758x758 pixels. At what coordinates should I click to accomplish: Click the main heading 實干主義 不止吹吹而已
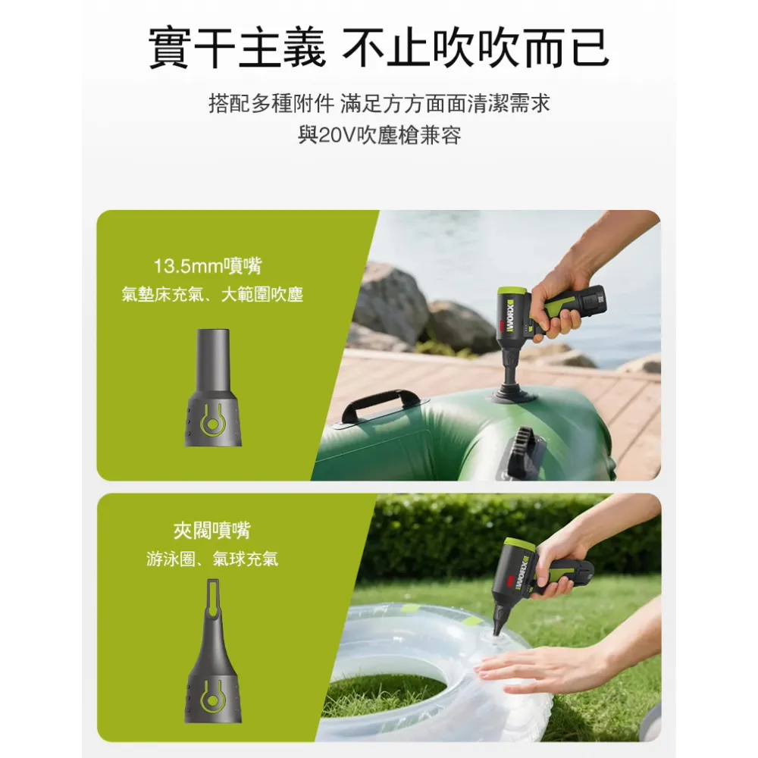click(378, 48)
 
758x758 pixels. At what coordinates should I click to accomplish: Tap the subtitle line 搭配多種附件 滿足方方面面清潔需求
click(379, 103)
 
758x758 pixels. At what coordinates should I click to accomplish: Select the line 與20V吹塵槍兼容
click(379, 136)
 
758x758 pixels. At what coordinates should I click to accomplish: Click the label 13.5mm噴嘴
click(208, 266)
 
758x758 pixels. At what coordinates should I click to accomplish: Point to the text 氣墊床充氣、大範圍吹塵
click(212, 294)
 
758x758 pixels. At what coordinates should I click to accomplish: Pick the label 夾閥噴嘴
click(211, 531)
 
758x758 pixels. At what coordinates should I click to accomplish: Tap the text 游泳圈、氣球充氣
click(211, 559)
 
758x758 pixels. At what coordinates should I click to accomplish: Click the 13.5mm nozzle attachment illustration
click(213, 387)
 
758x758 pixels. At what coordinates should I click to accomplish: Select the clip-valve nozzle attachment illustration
click(213, 650)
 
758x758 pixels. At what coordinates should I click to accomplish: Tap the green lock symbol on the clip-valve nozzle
click(213, 697)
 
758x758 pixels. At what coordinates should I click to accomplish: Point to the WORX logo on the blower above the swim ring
click(522, 574)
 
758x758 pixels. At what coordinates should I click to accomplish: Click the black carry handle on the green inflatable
click(381, 405)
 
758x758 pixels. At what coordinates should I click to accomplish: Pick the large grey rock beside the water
click(391, 304)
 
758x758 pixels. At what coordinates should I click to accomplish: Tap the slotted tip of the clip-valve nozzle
click(213, 598)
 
